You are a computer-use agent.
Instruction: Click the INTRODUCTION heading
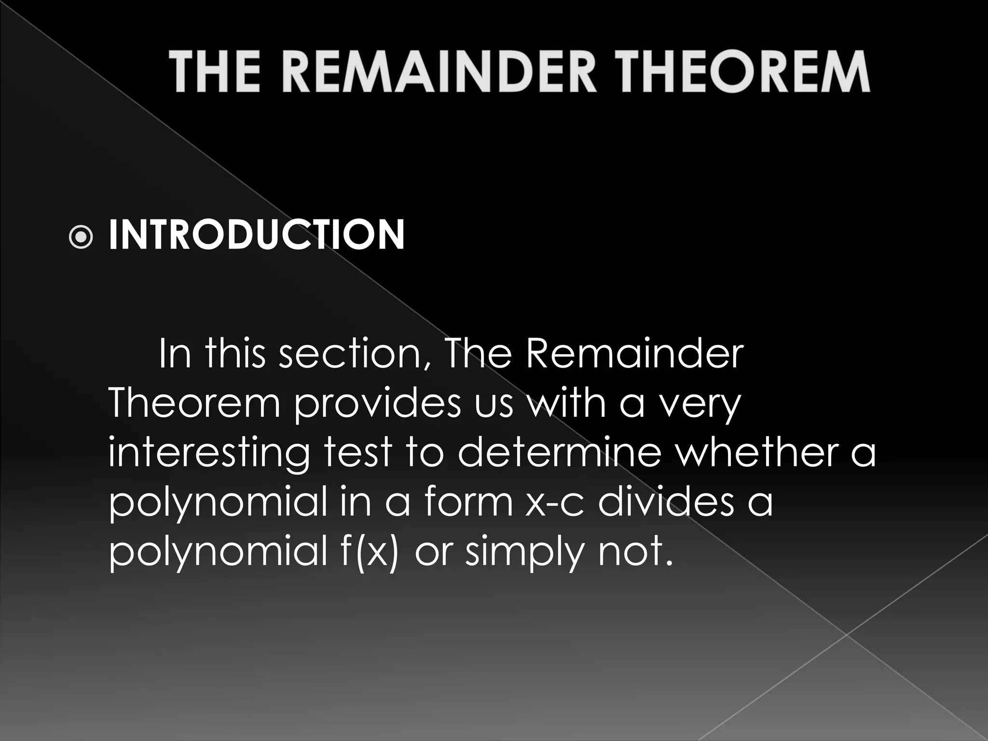pos(257,235)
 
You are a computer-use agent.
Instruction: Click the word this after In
pos(235,354)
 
